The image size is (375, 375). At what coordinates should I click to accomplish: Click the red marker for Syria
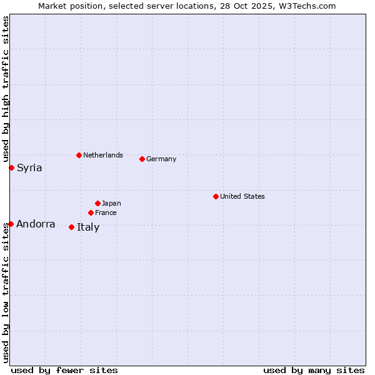11,167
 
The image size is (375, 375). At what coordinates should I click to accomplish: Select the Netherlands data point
79,155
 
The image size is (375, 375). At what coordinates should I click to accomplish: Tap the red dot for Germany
142,159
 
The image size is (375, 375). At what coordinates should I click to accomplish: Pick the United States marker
216,196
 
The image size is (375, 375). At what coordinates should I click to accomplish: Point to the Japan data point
97,203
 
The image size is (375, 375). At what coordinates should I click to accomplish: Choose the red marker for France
91,212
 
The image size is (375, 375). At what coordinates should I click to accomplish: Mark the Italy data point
71,227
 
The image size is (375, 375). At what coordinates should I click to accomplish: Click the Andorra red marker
11,224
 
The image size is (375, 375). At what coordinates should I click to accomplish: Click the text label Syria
29,167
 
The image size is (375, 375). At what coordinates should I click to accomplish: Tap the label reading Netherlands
102,155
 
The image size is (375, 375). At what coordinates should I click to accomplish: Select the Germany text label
161,159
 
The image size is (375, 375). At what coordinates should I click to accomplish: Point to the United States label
242,196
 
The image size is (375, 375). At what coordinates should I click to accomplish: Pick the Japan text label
111,203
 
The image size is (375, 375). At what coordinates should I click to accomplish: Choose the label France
106,212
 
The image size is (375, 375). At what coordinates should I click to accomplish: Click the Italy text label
88,227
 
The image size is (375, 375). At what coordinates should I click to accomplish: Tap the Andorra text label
36,224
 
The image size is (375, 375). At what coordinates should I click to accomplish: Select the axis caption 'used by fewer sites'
64,370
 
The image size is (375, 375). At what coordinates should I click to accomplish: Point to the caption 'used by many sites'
314,370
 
